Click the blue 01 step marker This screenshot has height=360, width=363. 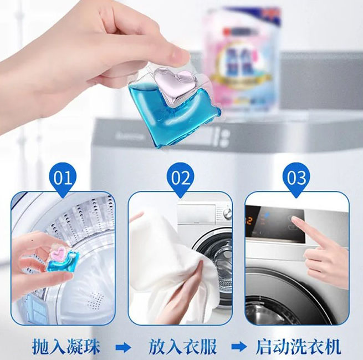pos(63,178)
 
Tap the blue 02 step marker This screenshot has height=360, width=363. pos(180,178)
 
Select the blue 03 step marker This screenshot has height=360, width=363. pos(297,178)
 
